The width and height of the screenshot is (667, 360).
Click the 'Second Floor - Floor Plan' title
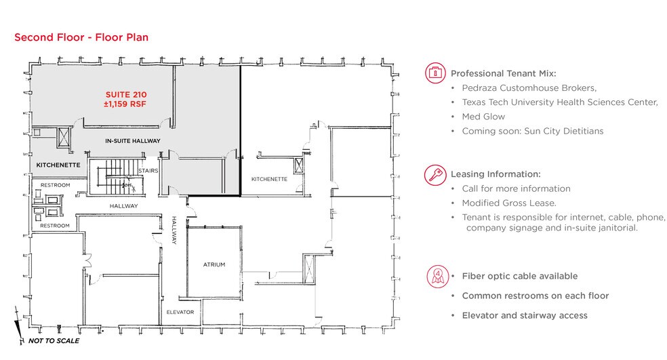(x=81, y=37)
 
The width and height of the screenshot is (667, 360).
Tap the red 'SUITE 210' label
(x=126, y=94)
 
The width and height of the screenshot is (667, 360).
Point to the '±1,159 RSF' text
(x=125, y=104)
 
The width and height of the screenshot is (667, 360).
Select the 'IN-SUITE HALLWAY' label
(x=133, y=141)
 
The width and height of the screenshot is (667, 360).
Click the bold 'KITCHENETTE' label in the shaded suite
(x=58, y=165)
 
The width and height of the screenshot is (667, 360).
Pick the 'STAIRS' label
(x=148, y=171)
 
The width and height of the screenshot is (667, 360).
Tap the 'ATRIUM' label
(x=214, y=264)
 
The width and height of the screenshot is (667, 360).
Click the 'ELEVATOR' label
(x=180, y=313)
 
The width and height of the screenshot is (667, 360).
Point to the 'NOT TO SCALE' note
(x=54, y=341)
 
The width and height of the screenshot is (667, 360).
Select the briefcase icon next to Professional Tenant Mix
(x=435, y=73)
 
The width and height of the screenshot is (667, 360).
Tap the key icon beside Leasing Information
(x=435, y=175)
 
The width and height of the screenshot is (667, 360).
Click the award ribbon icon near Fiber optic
(x=438, y=276)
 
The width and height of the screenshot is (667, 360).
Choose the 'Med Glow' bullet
(x=483, y=117)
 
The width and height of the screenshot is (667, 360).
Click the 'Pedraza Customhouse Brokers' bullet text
(x=529, y=88)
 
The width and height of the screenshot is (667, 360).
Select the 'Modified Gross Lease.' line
(x=509, y=203)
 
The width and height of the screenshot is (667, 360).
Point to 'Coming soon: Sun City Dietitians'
(x=533, y=131)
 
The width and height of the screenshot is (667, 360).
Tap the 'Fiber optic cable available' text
(x=520, y=276)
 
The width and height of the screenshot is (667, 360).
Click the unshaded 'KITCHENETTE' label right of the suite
(x=269, y=179)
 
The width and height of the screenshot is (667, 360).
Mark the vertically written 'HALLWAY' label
(x=174, y=231)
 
